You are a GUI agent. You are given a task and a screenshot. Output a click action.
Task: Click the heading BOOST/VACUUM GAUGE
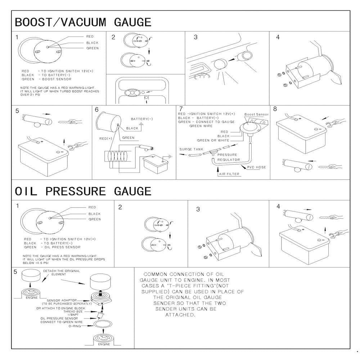(83, 22)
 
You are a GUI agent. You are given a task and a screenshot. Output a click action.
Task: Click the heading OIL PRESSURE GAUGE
(83, 191)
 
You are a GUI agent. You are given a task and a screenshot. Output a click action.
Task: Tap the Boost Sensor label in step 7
(256, 114)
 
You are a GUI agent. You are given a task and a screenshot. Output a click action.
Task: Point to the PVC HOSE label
(256, 167)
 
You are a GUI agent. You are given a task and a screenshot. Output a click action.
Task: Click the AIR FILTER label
(229, 174)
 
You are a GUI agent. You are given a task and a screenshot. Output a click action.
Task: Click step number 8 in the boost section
(275, 109)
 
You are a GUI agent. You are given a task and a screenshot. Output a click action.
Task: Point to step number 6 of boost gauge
(96, 109)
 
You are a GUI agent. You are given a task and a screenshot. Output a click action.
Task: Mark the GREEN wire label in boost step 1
(92, 48)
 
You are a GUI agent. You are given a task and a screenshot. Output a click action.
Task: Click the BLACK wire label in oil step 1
(94, 213)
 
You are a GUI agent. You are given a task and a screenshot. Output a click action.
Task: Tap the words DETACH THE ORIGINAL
(62, 271)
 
